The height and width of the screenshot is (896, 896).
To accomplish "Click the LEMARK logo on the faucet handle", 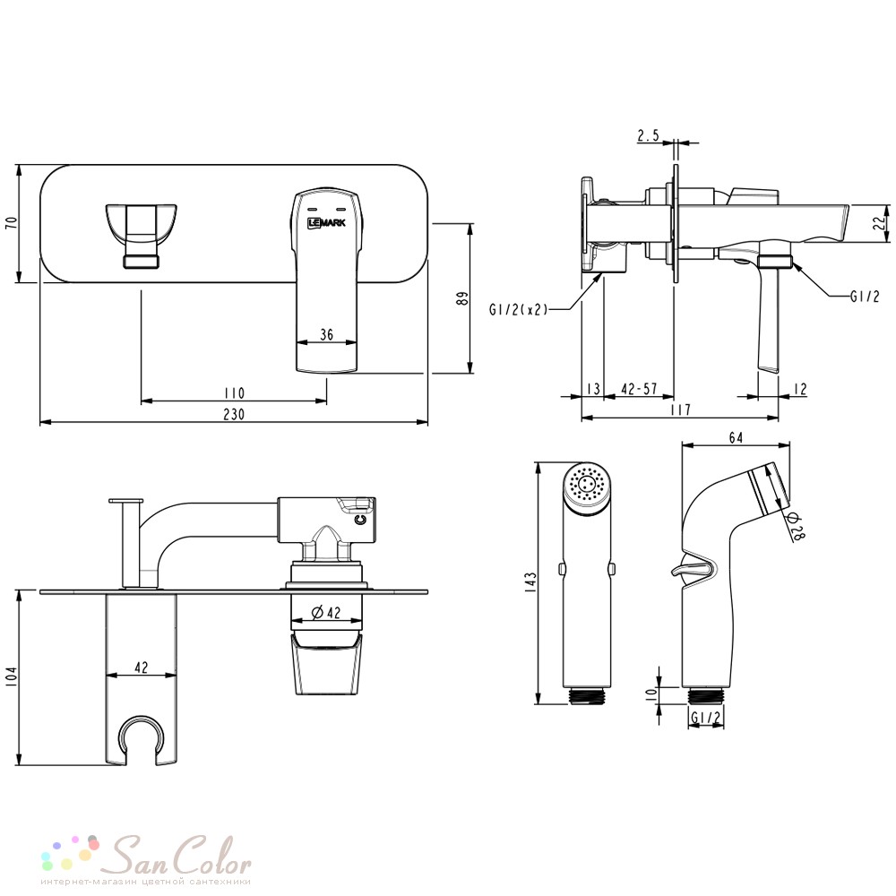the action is [x=326, y=222].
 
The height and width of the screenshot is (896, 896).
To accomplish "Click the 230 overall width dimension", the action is [x=234, y=414].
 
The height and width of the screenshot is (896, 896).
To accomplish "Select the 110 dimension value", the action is [x=234, y=393].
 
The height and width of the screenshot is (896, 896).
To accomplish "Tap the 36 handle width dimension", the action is [x=326, y=333].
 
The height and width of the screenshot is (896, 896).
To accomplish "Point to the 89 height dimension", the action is [x=462, y=298].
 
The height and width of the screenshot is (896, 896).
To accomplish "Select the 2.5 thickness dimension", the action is [x=648, y=135].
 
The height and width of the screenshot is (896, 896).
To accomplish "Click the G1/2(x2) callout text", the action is [x=518, y=309].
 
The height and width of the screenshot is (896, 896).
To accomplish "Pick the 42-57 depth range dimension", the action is [x=639, y=389].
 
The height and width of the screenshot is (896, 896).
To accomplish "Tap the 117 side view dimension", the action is [x=680, y=409].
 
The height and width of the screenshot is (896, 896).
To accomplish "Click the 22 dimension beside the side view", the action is [x=883, y=221].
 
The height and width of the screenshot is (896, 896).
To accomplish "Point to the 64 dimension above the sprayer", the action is [x=736, y=438].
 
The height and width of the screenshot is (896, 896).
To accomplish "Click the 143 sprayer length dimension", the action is [x=531, y=583].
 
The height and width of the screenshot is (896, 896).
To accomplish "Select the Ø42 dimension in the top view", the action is [x=326, y=612].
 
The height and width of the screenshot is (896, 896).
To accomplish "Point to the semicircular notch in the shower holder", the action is [x=141, y=731].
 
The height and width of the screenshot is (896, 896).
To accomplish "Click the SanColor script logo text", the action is [x=179, y=855].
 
